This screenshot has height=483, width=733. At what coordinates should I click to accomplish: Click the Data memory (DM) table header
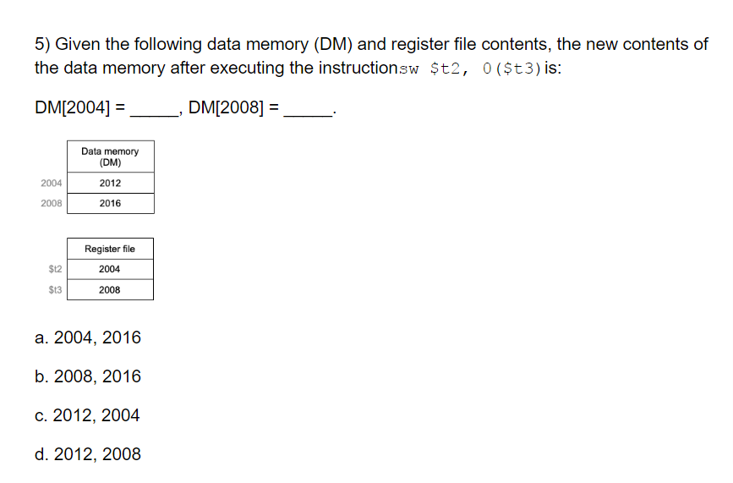pos(110,156)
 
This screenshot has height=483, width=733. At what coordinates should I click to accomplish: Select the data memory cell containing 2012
pos(110,184)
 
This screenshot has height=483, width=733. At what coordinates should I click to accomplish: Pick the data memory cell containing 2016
pos(110,204)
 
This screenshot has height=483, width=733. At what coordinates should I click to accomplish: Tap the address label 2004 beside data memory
pos(51,184)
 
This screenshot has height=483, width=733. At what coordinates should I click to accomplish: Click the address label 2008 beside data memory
pos(51,204)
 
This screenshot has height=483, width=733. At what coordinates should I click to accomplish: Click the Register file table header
pos(110,250)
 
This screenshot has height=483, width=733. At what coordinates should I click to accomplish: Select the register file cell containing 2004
pos(110,270)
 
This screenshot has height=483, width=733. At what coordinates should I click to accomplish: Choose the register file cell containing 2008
pos(110,290)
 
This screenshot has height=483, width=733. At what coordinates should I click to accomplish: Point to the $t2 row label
pos(55,270)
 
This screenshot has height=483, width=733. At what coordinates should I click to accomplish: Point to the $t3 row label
pos(55,290)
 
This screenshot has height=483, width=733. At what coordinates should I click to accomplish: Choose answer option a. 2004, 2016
pos(88,338)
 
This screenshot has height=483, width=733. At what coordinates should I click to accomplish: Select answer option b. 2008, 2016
pos(88,377)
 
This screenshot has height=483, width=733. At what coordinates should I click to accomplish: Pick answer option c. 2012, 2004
pos(88,416)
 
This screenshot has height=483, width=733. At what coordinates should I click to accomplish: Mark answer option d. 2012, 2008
pos(88,455)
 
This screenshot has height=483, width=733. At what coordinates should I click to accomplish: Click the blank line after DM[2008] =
pos(309,109)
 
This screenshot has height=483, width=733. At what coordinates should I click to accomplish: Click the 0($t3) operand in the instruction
pos(511,69)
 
